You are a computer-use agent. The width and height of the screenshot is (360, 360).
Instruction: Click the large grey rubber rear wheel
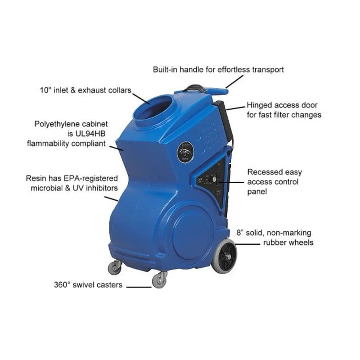tap(224, 256)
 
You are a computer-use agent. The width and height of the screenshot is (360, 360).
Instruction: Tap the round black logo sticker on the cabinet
tap(185, 152)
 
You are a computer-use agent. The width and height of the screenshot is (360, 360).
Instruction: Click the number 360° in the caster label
tap(63, 285)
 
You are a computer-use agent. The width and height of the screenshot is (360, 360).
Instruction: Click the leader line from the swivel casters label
tap(139, 286)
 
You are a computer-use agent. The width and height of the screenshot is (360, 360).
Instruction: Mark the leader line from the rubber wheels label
tap(249, 244)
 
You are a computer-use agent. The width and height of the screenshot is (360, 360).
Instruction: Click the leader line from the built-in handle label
tap(234, 82)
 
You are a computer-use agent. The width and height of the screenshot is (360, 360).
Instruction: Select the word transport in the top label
tap(268, 70)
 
